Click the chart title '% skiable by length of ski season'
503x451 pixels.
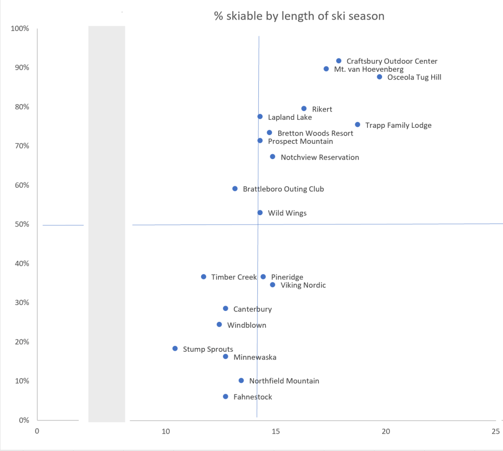(299, 16)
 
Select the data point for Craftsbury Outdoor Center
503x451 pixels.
(338, 61)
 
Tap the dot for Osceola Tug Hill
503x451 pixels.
(380, 77)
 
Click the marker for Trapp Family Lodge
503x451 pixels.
(357, 125)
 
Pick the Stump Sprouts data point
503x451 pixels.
(175, 348)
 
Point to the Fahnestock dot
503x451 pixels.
(225, 396)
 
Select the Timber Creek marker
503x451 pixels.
(203, 277)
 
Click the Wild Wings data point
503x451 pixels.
(260, 213)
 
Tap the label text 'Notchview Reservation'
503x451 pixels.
(320, 158)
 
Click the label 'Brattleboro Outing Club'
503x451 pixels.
(283, 189)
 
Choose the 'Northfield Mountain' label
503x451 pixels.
(284, 381)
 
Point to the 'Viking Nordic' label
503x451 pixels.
(303, 285)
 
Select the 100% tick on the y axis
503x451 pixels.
(20, 28)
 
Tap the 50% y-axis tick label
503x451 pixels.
(21, 225)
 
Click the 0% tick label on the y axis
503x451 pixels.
(23, 420)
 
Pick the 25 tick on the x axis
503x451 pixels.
(496, 431)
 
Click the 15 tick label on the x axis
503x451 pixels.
(276, 431)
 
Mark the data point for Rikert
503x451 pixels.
(304, 109)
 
